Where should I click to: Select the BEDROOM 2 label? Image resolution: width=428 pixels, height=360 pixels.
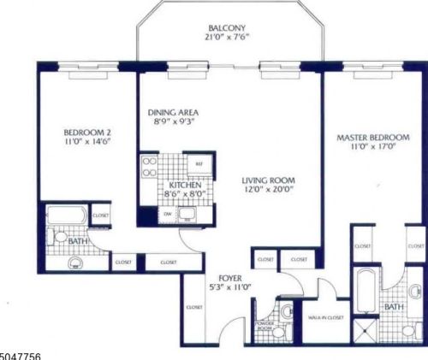coord(86,133)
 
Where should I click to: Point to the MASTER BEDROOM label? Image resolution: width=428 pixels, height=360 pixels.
coord(372,138)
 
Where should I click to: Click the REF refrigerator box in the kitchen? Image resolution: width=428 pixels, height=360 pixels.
coord(199,163)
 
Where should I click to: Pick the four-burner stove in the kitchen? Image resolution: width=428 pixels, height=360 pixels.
coord(149,164)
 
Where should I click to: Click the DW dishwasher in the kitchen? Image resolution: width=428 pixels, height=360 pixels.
coord(168,213)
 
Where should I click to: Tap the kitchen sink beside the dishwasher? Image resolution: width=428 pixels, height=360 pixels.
coord(189,215)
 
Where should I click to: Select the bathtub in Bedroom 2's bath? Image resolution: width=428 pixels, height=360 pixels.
coord(65,215)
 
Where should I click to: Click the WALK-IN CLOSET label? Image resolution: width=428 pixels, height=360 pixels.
coord(328,316)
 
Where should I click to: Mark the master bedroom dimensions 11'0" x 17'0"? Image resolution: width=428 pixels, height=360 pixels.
coord(372,149)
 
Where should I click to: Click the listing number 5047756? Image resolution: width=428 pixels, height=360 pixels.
coord(21,354)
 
